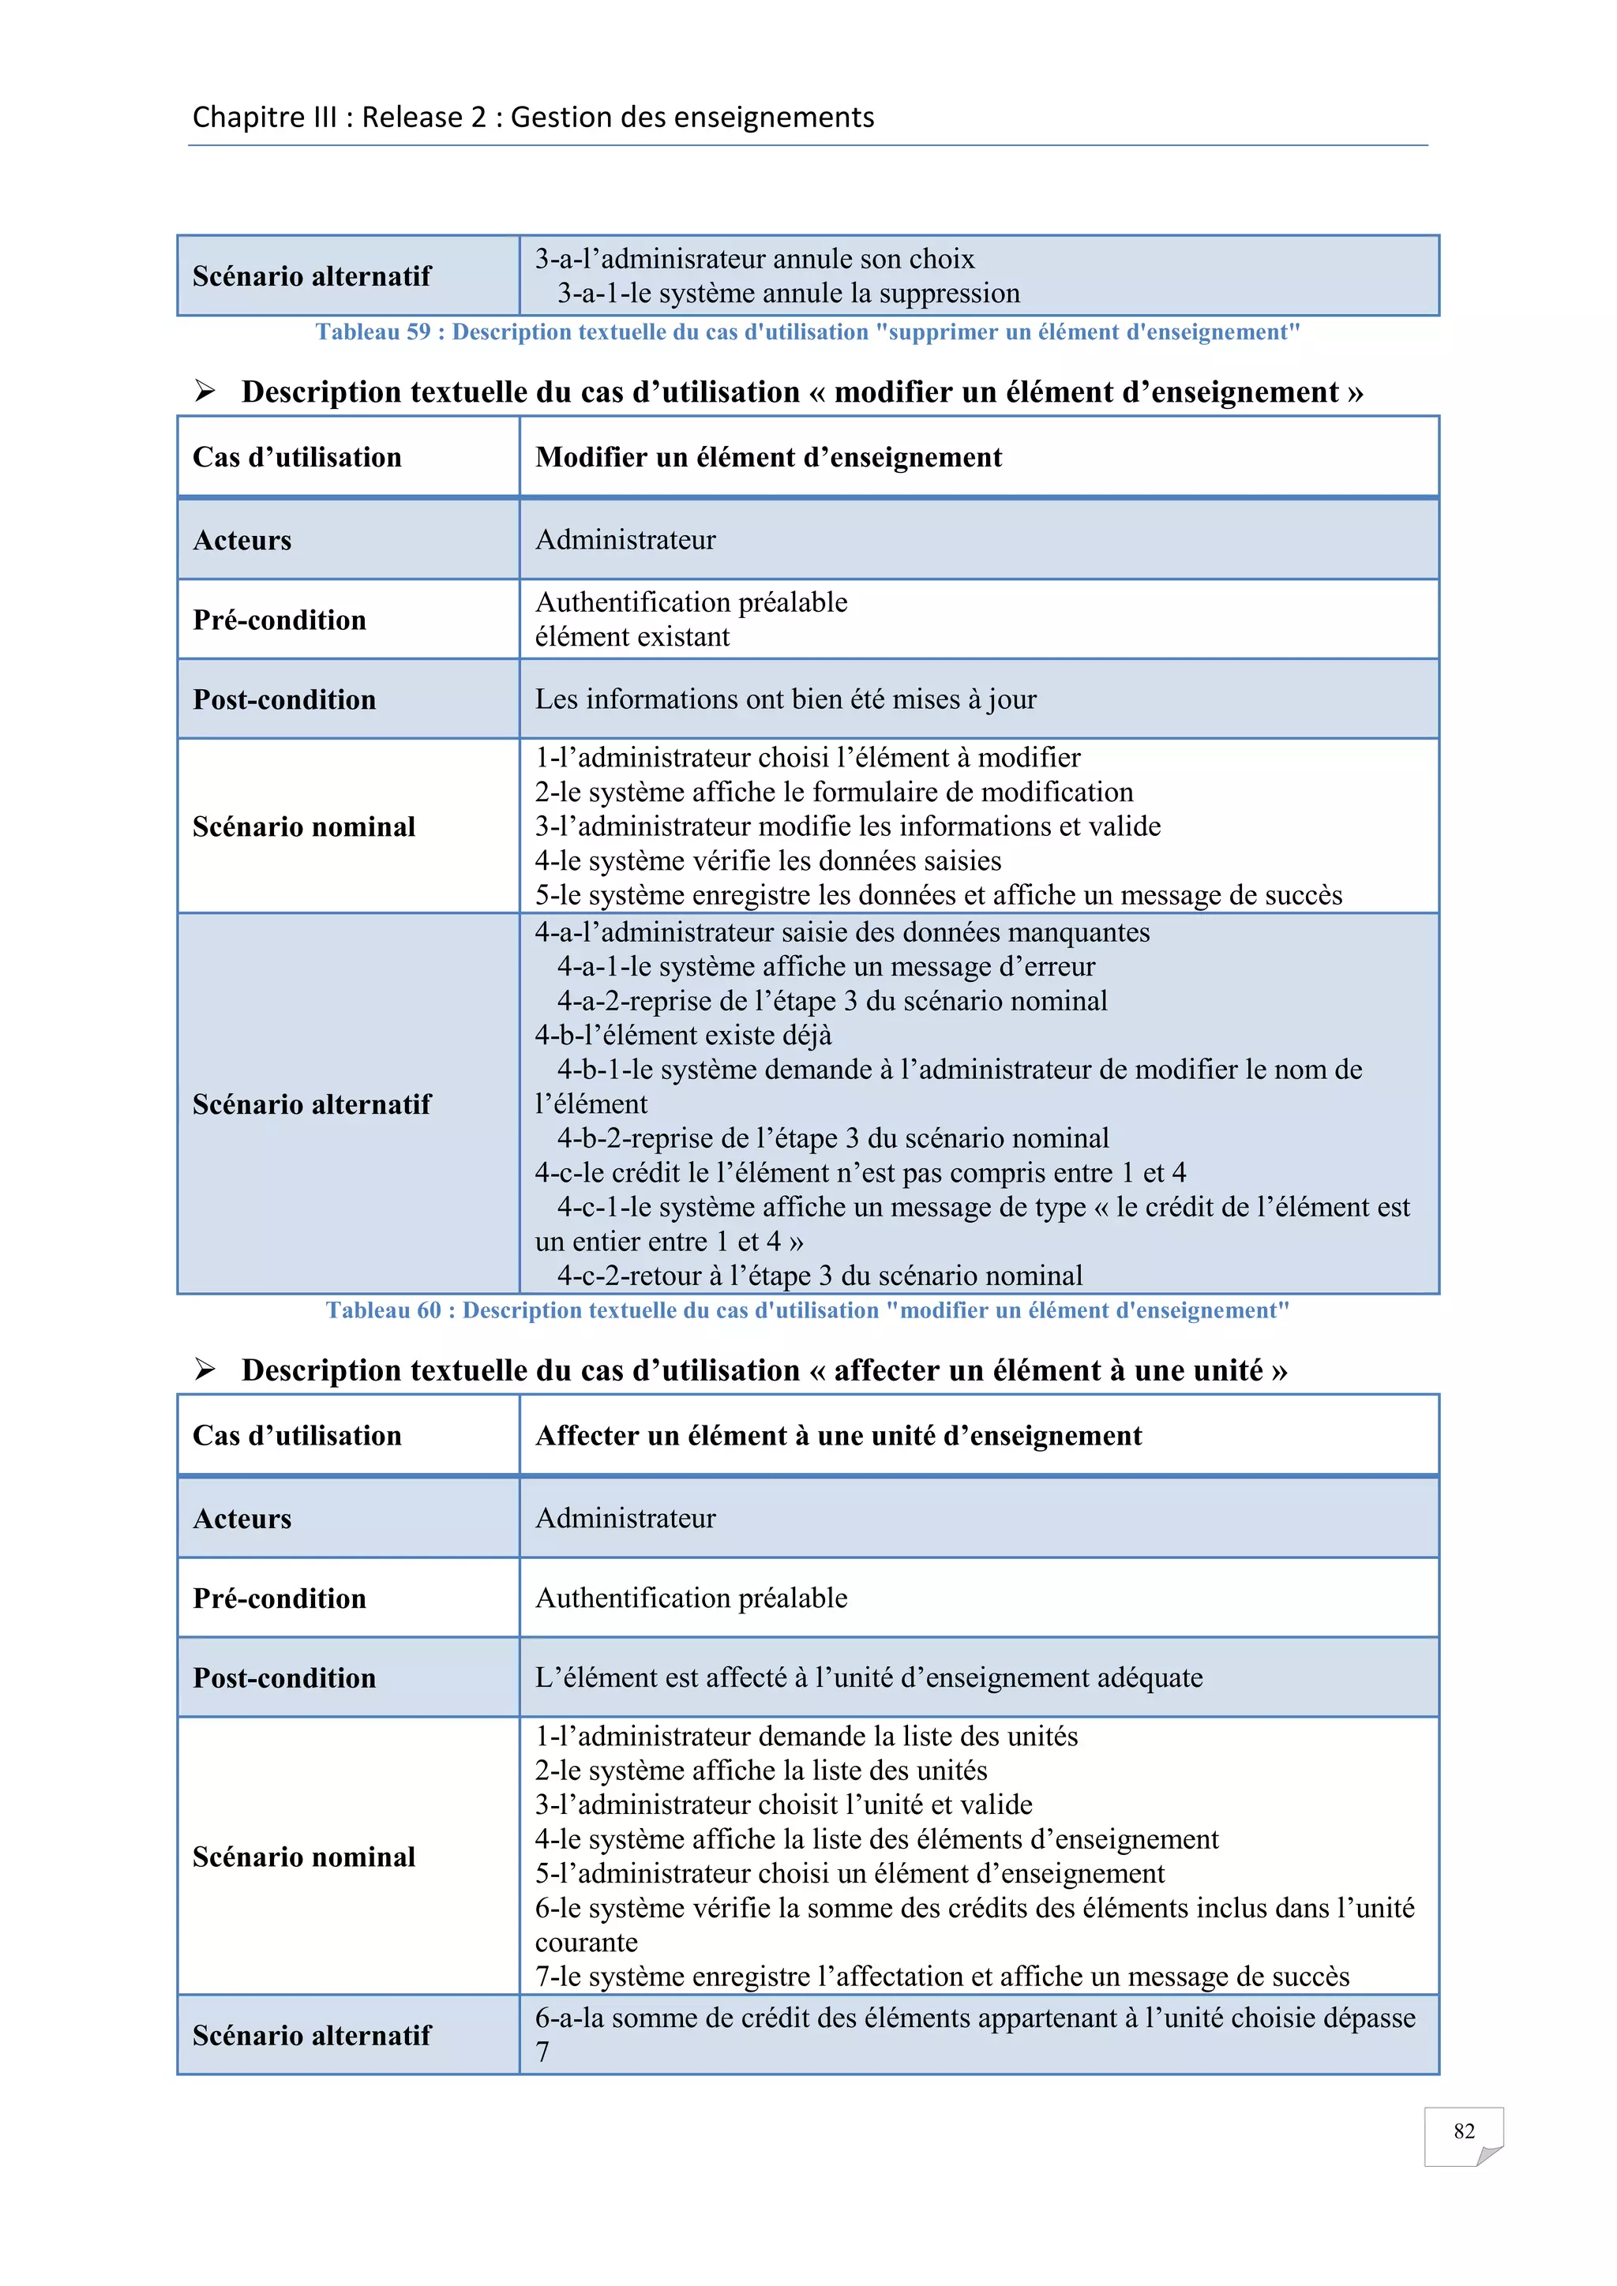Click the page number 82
point(1463,2130)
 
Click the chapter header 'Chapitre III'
point(264,118)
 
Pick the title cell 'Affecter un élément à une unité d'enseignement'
point(839,1436)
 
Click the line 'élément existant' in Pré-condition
point(632,637)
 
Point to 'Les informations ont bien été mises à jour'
point(786,699)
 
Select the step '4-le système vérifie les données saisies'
point(767,861)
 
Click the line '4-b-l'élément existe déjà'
point(683,1036)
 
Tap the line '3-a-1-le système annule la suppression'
point(789,294)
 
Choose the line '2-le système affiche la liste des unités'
point(760,1771)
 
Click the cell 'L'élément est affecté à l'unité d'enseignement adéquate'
point(869,1677)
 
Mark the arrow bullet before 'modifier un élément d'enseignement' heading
point(205,392)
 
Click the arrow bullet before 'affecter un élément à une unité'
point(205,1370)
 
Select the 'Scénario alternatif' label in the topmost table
point(312,275)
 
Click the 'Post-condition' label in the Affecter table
point(285,1677)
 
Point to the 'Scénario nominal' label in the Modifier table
point(304,826)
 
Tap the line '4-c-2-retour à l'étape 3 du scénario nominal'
point(820,1276)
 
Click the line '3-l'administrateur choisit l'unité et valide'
point(783,1805)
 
